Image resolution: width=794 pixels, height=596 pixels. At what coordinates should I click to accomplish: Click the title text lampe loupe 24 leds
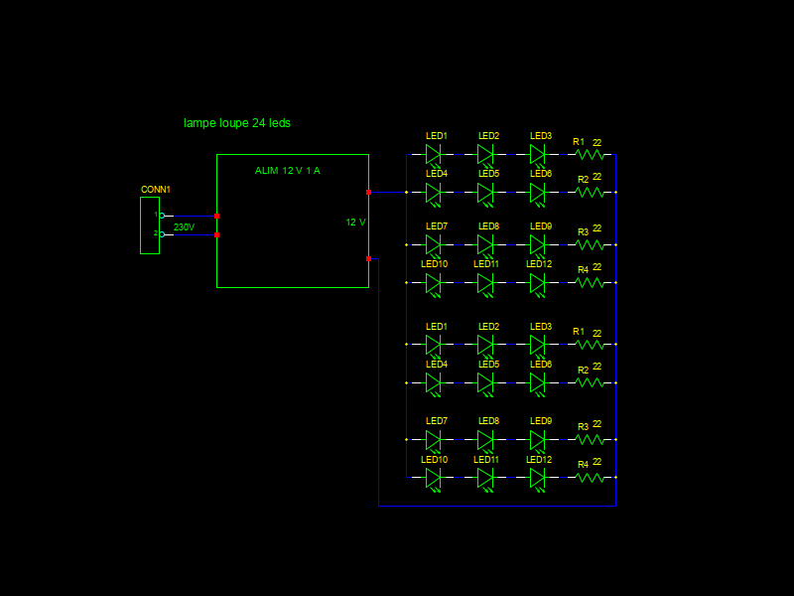237,123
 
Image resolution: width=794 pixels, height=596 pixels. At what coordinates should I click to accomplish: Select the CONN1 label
156,189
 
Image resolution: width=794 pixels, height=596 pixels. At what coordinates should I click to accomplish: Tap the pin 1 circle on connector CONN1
162,216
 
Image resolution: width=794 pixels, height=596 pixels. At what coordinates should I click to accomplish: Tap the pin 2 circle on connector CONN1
162,234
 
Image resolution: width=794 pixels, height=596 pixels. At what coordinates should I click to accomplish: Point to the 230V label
184,227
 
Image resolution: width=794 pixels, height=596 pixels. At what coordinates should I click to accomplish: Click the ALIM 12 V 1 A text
287,171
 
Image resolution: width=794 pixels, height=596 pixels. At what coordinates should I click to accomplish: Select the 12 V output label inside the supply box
355,223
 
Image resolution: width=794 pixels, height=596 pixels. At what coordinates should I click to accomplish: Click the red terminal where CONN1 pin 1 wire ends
216,216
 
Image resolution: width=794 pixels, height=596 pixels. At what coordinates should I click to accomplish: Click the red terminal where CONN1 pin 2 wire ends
216,235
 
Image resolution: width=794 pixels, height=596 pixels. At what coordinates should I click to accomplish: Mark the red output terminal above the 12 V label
368,192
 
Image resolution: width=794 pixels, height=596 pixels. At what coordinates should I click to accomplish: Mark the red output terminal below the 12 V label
368,258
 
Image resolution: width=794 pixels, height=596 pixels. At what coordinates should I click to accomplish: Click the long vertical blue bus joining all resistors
615,328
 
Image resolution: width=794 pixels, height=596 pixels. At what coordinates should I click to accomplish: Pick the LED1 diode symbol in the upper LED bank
433,155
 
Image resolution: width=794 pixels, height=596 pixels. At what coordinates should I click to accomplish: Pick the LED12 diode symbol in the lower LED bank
537,478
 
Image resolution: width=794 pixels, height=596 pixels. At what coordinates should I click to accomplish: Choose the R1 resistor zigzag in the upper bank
591,155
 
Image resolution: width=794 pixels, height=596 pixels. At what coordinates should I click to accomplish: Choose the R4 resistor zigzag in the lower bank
591,478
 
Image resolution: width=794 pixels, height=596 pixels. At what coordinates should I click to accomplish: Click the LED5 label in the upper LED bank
488,174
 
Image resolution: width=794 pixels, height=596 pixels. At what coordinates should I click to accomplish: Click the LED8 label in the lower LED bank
488,421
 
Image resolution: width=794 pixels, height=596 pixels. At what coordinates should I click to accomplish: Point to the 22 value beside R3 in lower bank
596,423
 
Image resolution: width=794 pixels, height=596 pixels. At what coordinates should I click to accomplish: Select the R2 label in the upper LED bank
584,180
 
